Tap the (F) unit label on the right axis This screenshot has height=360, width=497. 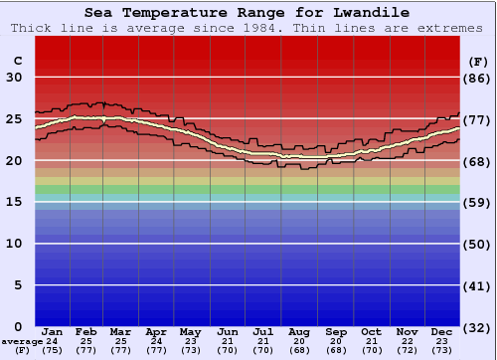(477, 61)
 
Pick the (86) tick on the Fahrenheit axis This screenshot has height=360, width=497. (477, 78)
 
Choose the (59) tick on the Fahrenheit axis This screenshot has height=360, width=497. (477, 202)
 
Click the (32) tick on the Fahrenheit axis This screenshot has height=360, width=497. (477, 327)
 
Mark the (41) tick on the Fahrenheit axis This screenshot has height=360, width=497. (477, 285)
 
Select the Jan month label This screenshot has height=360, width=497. (53, 331)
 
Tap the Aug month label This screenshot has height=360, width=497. (300, 331)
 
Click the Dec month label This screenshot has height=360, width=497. (442, 331)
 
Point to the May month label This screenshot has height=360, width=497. (190, 331)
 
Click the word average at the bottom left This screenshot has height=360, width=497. (22, 341)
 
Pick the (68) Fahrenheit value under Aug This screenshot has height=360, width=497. (300, 350)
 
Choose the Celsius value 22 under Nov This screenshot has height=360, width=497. (407, 341)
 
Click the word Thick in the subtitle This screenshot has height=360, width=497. (30, 28)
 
